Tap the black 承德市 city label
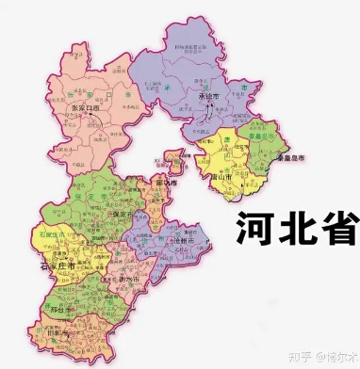coord(208,97)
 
